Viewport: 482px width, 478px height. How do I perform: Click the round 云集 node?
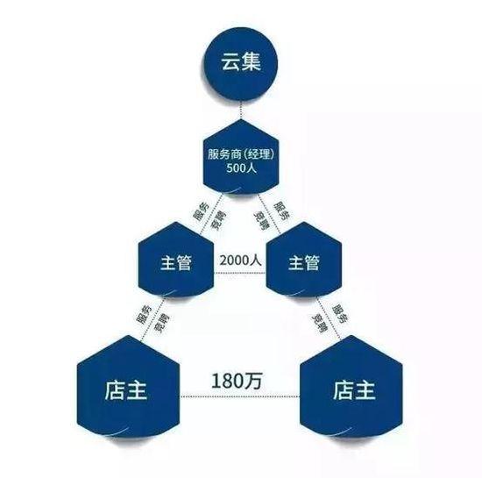[x=241, y=63]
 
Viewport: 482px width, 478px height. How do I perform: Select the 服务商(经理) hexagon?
[x=241, y=157]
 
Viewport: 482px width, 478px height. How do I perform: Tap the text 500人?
[x=242, y=168]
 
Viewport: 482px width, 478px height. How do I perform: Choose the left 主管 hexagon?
[x=176, y=260]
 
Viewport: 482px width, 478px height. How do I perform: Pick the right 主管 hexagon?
[x=304, y=260]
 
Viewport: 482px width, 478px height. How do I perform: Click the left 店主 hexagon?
[x=128, y=388]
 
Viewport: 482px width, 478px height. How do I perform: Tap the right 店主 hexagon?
[x=351, y=388]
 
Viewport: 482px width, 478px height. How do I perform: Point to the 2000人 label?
[x=241, y=260]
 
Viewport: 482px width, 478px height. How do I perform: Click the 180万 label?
[x=237, y=381]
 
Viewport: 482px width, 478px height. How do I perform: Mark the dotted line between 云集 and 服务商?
[x=241, y=110]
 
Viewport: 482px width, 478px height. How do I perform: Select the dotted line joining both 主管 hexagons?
[x=240, y=273]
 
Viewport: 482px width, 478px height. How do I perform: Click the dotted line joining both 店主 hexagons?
[x=240, y=396]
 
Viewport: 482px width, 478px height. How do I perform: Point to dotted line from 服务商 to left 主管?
[x=211, y=214]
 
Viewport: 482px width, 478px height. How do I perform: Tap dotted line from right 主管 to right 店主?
[x=329, y=317]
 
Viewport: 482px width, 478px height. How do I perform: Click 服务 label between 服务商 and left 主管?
[x=201, y=211]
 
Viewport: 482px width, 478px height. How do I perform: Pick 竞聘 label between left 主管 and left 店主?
[x=162, y=324]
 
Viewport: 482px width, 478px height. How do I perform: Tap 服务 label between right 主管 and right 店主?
[x=341, y=313]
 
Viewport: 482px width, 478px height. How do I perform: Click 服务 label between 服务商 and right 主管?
[x=281, y=210]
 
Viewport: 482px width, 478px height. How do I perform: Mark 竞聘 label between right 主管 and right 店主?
[x=320, y=323]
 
